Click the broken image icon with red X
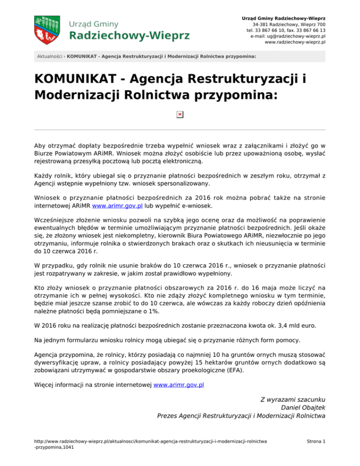pyautogui.click(x=180, y=115)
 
